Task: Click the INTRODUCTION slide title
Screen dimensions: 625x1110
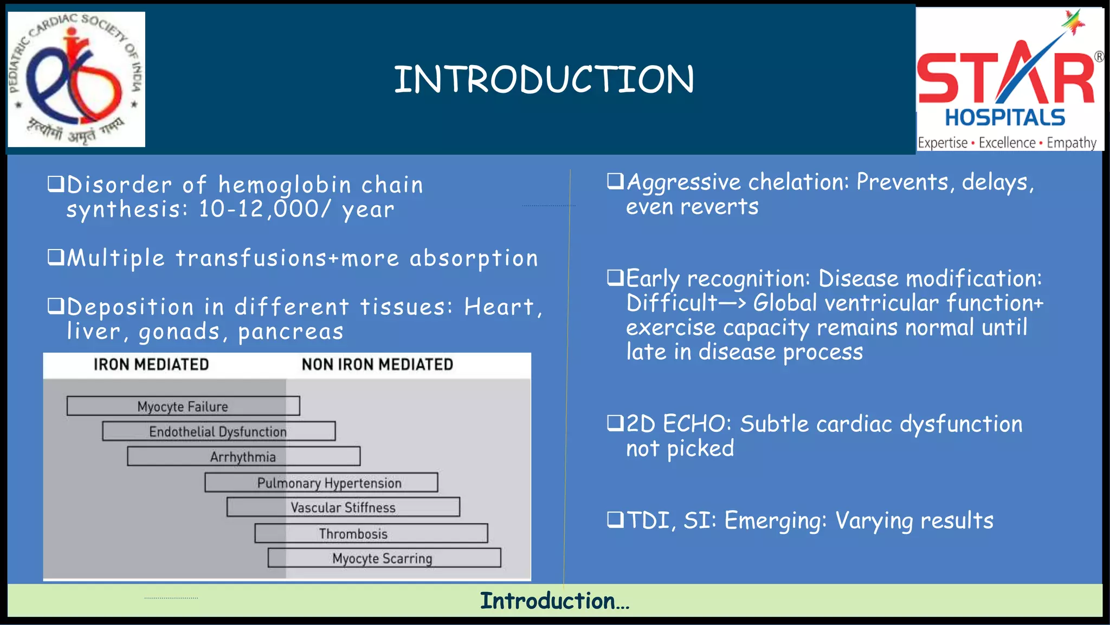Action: pyautogui.click(x=544, y=79)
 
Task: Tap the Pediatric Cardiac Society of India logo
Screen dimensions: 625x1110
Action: pyautogui.click(x=76, y=79)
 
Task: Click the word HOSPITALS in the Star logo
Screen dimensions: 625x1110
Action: pyautogui.click(x=1005, y=118)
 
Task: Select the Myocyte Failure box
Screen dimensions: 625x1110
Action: pyautogui.click(x=183, y=406)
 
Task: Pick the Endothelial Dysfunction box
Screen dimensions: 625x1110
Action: pyautogui.click(x=218, y=431)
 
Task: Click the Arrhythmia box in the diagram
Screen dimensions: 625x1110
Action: pyautogui.click(x=243, y=457)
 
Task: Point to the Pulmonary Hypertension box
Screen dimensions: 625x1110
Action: pyautogui.click(x=329, y=483)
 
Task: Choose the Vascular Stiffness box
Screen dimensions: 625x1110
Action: pyautogui.click(x=343, y=507)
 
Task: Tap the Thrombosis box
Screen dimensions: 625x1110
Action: pyautogui.click(x=353, y=533)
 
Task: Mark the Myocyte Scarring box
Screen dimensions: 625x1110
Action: pyautogui.click(x=383, y=558)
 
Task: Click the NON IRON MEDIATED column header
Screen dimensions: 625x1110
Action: pyautogui.click(x=377, y=365)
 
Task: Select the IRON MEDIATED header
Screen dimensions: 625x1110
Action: pyautogui.click(x=151, y=365)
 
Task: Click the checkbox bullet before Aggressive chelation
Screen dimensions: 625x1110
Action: pyautogui.click(x=615, y=181)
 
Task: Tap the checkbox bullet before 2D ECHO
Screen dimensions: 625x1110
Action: pyautogui.click(x=615, y=423)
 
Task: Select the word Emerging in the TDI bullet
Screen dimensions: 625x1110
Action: pyautogui.click(x=776, y=521)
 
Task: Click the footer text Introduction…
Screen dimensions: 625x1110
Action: pyautogui.click(x=554, y=601)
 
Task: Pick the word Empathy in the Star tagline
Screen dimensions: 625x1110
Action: pyautogui.click(x=1071, y=143)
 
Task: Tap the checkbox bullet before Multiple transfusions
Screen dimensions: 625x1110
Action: pyautogui.click(x=56, y=257)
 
